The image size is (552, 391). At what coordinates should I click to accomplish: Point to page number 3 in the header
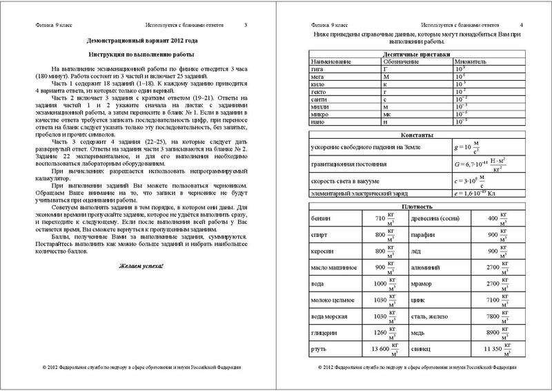[x=246, y=25]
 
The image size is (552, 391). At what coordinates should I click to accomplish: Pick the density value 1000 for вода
[x=371, y=284]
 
